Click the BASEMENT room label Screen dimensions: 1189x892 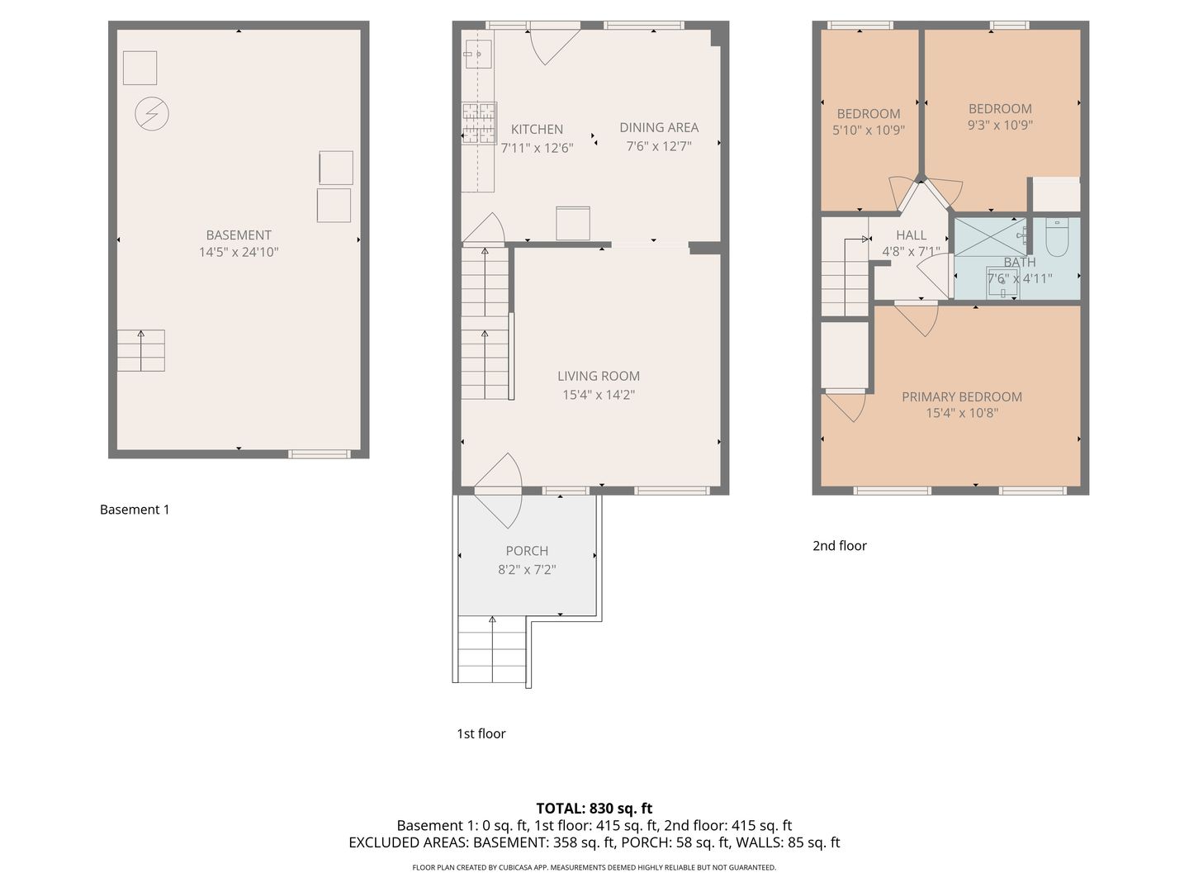tap(239, 235)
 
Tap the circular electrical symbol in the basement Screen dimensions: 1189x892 tap(152, 114)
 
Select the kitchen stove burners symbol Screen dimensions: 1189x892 tap(480, 124)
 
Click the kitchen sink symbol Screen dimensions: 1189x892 tap(478, 55)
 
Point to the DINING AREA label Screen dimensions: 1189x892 tap(659, 128)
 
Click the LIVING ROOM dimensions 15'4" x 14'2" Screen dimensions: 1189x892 tap(599, 394)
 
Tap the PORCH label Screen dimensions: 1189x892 tap(527, 551)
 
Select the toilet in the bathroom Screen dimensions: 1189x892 tap(1056, 239)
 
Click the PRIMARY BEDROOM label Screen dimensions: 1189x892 tap(961, 396)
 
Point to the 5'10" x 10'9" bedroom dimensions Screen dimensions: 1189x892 tap(869, 130)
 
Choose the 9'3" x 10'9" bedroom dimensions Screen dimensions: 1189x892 tap(1000, 125)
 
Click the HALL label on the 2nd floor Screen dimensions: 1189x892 tap(911, 235)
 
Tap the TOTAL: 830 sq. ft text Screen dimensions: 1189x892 tap(594, 809)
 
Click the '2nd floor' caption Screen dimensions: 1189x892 tap(839, 545)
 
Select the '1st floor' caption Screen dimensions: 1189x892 tap(481, 733)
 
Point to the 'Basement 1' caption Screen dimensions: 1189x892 tap(135, 510)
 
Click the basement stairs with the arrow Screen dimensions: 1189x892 tap(141, 350)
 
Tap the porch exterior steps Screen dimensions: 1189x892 tap(492, 649)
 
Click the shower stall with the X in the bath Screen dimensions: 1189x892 tap(990, 237)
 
